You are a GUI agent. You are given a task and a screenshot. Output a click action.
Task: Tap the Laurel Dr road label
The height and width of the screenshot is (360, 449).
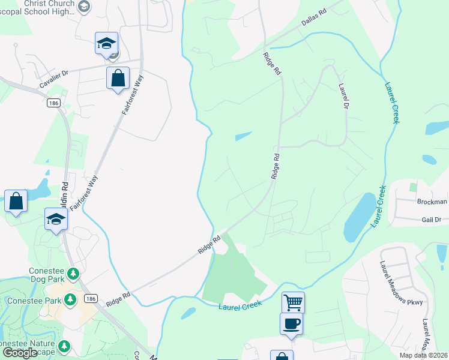343,96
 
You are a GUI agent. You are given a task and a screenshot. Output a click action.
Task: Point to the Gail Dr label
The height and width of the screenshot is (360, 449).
431,220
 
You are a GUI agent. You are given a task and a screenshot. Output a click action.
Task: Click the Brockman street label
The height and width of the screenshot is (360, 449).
433,202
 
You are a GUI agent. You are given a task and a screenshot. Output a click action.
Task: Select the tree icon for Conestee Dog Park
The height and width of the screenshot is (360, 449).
73,274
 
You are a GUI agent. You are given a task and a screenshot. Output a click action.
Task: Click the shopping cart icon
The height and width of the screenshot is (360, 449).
293,302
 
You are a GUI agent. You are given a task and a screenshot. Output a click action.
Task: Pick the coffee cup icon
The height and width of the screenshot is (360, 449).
291,323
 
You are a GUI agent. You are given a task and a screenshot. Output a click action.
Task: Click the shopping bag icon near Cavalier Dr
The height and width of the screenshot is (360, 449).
118,77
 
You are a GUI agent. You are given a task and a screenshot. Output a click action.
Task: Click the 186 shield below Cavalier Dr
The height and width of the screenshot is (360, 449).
53,103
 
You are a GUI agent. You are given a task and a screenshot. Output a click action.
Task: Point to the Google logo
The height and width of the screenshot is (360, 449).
20,353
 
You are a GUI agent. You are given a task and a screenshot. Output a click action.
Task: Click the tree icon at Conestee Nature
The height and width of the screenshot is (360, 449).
64,346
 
